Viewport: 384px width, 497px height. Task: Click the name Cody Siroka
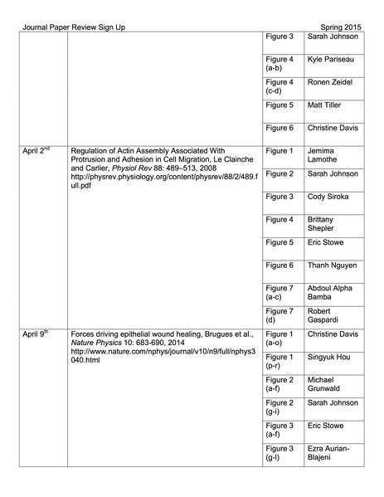[329, 197]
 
